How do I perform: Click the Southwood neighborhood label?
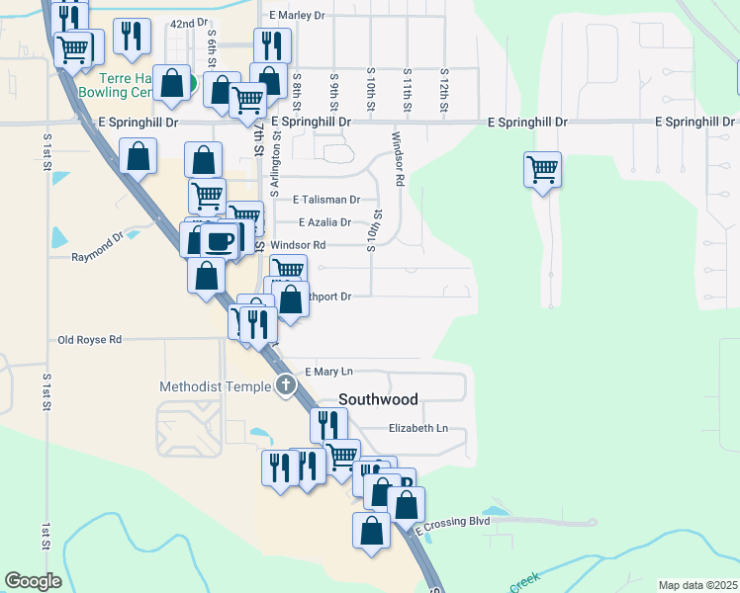[378, 399]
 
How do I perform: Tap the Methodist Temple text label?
[215, 385]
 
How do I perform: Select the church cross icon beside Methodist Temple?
[286, 385]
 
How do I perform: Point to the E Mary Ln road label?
[328, 372]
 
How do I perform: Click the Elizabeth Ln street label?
[418, 428]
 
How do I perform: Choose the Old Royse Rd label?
[89, 339]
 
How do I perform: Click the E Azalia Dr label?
[324, 222]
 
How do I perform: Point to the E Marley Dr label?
[297, 16]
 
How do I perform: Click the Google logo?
[33, 581]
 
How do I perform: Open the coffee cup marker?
[219, 240]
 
